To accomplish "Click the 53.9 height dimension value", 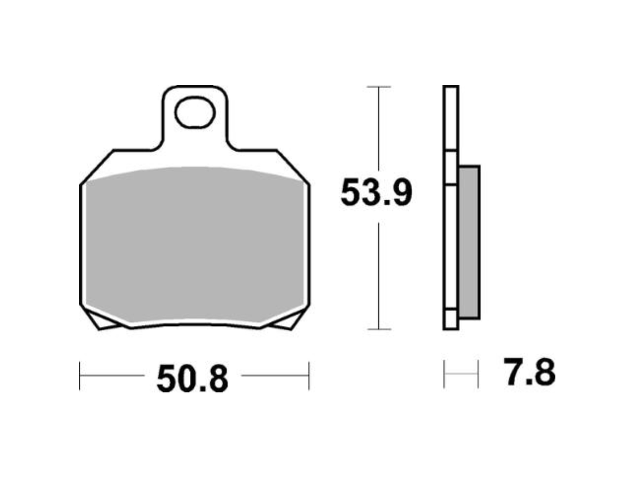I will tap(376, 193).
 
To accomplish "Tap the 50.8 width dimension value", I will tap(192, 379).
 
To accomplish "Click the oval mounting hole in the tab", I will tap(194, 113).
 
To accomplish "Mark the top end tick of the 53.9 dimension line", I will tap(379, 87).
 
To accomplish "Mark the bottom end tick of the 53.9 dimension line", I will tap(379, 329).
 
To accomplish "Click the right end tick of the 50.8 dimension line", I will tap(309, 375).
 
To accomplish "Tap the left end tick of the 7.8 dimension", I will tap(444, 374).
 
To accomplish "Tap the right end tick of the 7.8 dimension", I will tap(478, 374).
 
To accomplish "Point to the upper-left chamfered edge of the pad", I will tap(97, 166).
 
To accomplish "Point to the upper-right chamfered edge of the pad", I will tap(293, 166).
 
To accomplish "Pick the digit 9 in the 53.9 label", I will tap(400, 193).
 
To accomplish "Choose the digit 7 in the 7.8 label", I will tap(515, 373).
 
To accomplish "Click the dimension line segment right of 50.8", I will tap(274, 375).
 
